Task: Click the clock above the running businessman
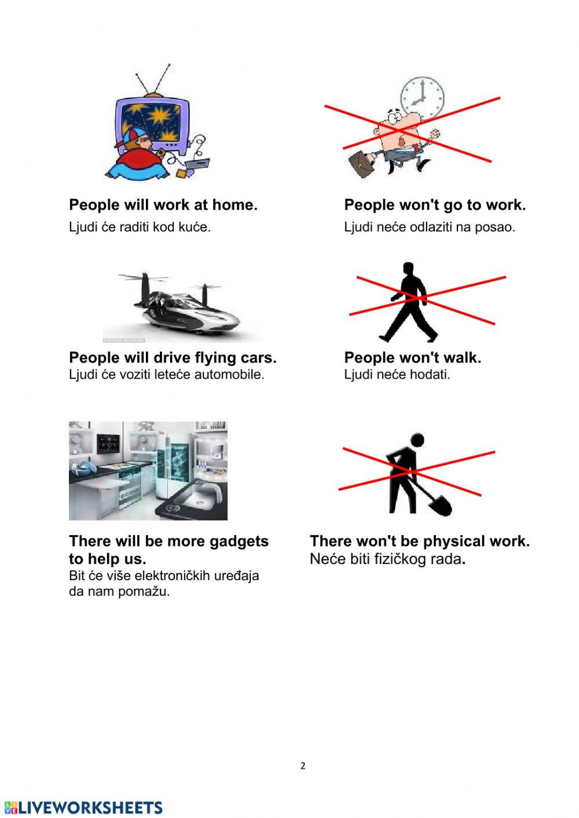(x=422, y=98)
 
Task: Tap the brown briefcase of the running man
(x=362, y=164)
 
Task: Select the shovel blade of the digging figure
(x=440, y=505)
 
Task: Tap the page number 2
(x=303, y=766)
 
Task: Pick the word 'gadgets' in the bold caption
(x=239, y=541)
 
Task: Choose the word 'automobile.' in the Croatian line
(x=229, y=375)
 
